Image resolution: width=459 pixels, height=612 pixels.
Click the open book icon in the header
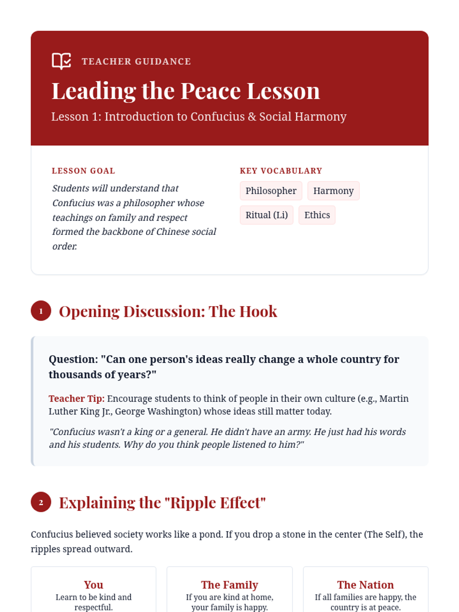61,61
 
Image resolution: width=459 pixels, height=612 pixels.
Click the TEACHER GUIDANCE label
136,62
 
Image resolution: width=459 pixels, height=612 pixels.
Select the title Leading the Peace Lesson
186,91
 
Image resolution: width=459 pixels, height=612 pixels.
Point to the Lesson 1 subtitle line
199,116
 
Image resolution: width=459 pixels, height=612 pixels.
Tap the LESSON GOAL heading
83,171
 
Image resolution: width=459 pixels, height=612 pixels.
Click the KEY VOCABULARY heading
281,171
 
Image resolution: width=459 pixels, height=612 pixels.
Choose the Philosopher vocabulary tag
271,191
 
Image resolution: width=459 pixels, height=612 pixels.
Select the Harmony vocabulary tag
333,191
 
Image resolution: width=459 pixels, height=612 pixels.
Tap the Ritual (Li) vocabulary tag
266,215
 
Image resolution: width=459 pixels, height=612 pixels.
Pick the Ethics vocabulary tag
317,215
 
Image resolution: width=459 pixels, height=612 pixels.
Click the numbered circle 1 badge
41,311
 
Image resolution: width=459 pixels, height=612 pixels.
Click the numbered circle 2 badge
41,502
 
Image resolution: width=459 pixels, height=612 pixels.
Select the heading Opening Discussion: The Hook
168,312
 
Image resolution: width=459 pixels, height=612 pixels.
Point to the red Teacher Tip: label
76,399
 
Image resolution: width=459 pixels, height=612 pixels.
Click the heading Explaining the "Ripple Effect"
162,503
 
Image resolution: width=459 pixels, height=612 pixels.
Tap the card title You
93,585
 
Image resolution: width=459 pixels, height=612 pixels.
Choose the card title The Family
229,585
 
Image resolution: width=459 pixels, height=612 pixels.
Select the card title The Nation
365,585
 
